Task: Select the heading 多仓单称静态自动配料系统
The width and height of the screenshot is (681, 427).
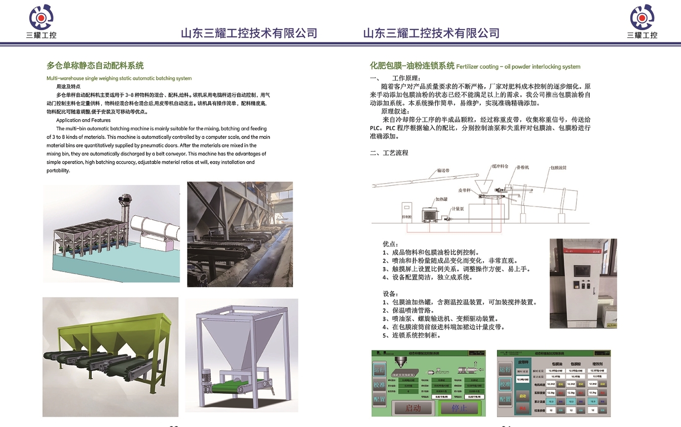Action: click(95, 65)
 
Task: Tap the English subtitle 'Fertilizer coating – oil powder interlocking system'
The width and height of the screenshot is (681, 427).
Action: click(518, 67)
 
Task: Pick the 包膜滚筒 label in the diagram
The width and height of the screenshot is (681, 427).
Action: click(558, 168)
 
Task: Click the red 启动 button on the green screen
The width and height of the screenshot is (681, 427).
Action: click(413, 408)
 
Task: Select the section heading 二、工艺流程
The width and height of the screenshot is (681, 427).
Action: click(389, 153)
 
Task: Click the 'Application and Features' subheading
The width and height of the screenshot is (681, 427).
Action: click(83, 120)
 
